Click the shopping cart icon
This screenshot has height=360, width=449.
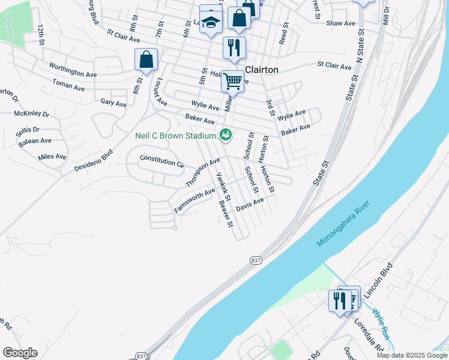click(232, 80)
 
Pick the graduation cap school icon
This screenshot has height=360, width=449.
click(210, 22)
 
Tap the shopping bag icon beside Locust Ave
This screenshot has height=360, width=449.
click(146, 60)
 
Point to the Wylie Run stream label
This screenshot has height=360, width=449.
click(381, 324)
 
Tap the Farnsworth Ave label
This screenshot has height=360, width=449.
click(194, 200)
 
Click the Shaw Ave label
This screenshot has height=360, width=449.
click(341, 23)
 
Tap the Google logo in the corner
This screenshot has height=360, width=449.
click(20, 353)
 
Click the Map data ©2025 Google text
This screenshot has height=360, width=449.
click(411, 355)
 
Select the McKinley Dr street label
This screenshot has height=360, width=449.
click(32, 113)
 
